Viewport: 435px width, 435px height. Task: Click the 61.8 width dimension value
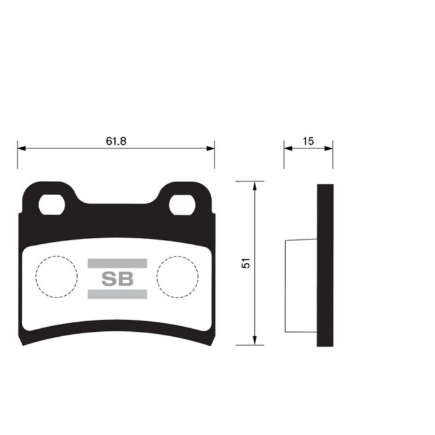coord(116,141)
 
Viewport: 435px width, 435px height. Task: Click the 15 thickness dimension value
coord(308,141)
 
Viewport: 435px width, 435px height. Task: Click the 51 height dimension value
coord(246,263)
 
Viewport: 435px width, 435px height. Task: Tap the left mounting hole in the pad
coord(52,204)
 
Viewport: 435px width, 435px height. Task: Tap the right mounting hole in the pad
coord(182,204)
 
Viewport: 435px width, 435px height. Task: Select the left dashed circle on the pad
coord(57,275)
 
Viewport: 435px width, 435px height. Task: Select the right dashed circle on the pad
coord(178,275)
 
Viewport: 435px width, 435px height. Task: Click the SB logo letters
coord(117,279)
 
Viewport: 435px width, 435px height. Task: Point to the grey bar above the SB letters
coord(117,263)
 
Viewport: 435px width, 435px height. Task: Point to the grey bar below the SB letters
coord(117,295)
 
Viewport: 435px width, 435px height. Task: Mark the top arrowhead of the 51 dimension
coord(255,186)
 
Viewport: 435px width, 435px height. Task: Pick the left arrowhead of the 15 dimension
coord(288,149)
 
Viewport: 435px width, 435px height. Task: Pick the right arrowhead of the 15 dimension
coord(329,149)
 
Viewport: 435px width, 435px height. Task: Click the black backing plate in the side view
coord(325,265)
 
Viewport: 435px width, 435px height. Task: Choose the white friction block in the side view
coord(301,285)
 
